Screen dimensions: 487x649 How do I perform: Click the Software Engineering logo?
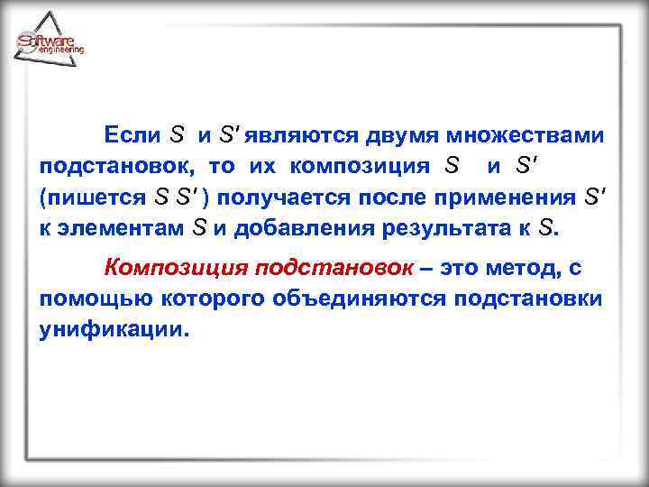point(50,41)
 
